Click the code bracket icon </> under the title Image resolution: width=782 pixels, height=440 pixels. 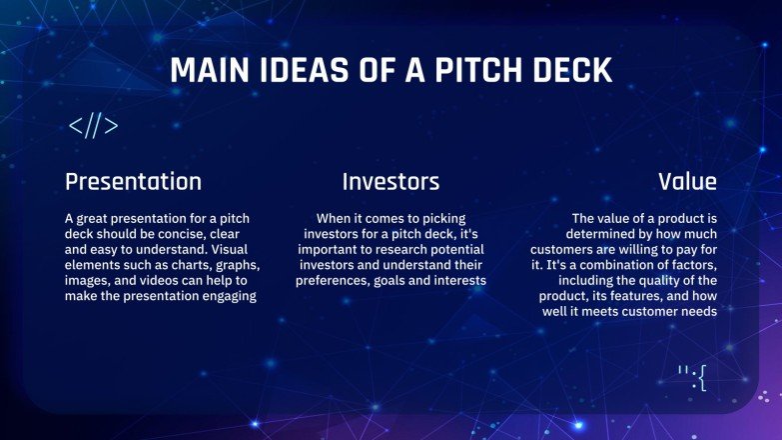[94, 126]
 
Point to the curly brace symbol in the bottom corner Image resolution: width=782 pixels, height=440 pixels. [701, 377]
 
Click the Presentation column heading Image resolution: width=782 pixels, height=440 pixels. [133, 181]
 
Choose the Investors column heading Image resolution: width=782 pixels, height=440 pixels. [391, 181]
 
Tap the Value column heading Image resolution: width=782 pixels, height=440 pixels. [687, 181]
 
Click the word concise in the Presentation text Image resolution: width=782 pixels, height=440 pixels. [192, 233]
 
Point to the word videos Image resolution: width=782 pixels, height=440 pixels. [172, 281]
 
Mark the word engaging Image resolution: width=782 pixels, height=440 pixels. [223, 297]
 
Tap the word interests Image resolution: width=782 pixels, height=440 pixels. [456, 281]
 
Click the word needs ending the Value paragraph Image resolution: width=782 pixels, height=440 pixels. [696, 313]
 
